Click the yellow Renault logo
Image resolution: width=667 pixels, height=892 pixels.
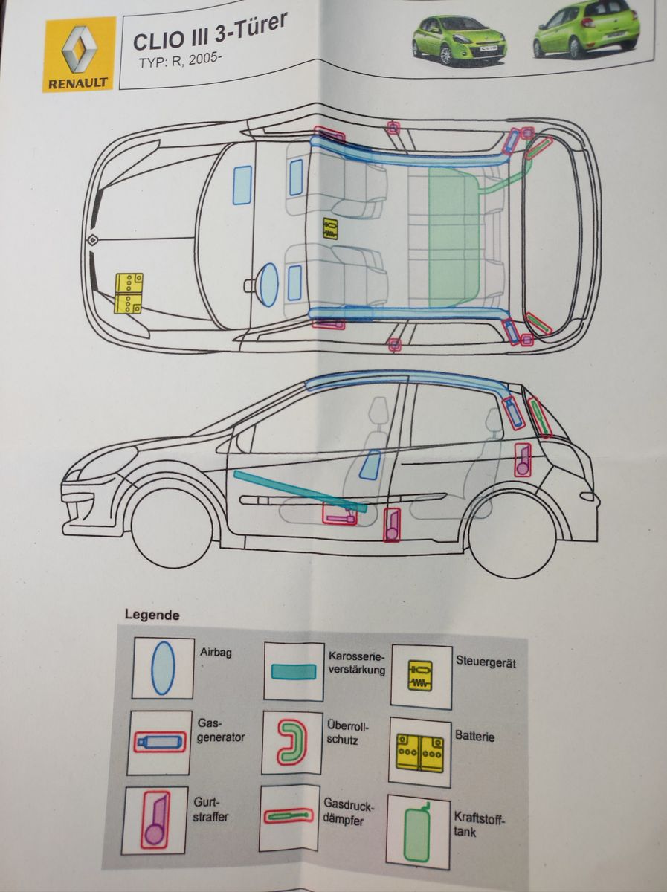point(79,54)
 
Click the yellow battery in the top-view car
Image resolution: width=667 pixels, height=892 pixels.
point(129,293)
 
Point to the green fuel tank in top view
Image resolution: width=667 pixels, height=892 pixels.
point(455,236)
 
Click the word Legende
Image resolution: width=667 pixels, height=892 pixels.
point(152,615)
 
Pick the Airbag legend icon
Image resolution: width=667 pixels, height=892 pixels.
point(163,668)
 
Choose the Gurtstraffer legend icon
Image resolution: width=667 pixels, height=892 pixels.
point(156,820)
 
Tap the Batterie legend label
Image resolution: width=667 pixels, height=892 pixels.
point(475,737)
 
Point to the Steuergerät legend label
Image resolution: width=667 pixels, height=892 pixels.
point(485,662)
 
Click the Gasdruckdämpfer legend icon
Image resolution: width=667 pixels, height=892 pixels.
point(290,816)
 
